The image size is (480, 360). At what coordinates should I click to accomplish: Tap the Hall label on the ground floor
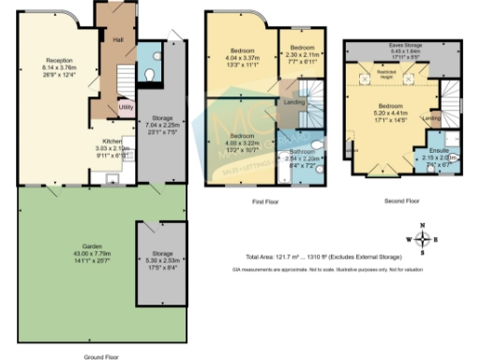118,40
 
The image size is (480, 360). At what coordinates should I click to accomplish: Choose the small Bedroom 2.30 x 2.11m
302,53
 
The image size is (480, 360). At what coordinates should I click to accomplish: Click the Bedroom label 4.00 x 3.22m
241,142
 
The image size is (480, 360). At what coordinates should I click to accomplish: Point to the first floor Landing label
293,102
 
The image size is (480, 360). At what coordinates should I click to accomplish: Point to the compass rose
424,239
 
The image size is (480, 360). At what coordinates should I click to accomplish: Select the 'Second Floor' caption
402,201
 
